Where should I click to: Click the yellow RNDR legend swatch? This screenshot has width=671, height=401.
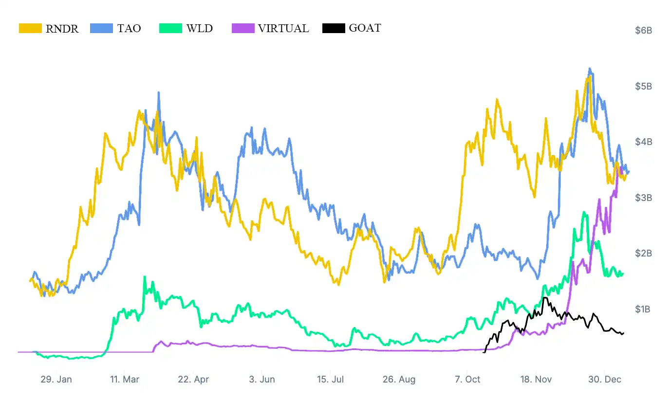tap(30, 28)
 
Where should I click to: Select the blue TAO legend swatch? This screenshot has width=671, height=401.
tap(102, 28)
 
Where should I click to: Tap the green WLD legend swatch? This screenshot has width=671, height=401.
tap(170, 28)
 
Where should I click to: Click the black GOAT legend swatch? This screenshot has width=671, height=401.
tap(334, 28)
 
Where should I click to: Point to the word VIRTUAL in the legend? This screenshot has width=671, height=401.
tap(283, 28)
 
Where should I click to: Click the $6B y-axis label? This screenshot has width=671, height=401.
tap(643, 31)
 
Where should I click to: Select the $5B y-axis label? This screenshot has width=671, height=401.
tap(643, 86)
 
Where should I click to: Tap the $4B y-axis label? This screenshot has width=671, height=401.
tap(643, 142)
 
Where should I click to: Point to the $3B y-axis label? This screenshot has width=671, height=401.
tap(643, 198)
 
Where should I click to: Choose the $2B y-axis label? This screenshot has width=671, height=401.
tap(643, 254)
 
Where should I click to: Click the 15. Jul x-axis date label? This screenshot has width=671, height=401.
tap(330, 380)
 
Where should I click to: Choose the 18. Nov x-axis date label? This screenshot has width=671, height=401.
tap(536, 380)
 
